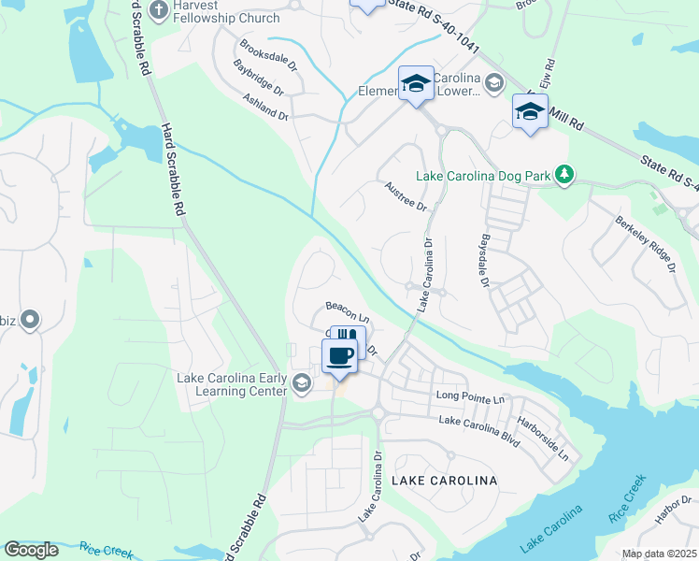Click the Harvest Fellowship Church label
click(214, 11)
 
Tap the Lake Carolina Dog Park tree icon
click(563, 174)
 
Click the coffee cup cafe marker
click(339, 355)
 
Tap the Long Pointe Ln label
click(471, 397)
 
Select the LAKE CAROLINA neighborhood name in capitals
click(444, 480)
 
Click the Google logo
click(31, 550)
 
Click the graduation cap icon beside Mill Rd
click(530, 112)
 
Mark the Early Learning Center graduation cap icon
click(302, 381)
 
